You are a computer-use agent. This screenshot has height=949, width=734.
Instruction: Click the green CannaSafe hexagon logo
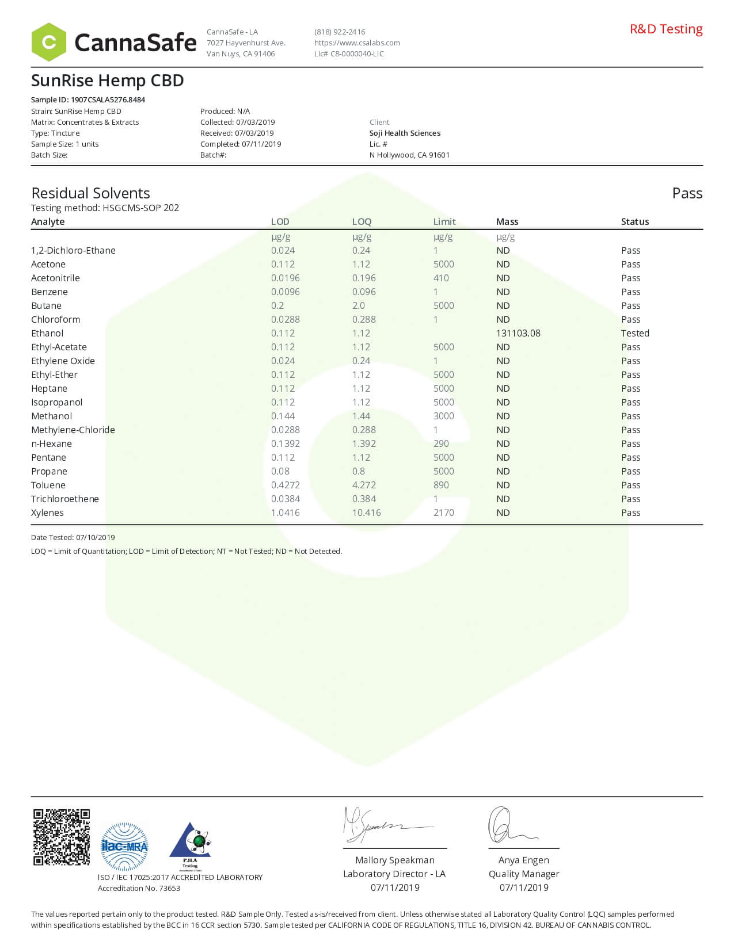point(49,42)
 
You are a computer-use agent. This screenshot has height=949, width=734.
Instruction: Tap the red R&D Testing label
point(665,29)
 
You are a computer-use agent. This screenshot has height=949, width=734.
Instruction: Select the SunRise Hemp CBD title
point(107,81)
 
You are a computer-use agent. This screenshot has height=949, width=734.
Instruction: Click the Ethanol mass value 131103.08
point(518,333)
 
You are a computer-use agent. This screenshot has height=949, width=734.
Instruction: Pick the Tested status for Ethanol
point(634,333)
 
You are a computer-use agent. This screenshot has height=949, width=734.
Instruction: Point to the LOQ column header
point(362,221)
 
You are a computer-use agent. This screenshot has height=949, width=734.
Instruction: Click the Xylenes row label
point(47,512)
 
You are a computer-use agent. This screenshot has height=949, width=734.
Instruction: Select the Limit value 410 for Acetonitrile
point(441,278)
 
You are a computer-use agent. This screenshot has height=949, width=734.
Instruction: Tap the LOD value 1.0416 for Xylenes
point(285,512)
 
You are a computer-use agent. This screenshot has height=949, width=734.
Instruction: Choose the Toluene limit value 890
point(441,485)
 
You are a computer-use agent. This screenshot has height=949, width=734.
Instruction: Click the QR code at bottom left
point(62,837)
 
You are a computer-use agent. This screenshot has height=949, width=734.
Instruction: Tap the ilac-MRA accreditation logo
point(124,846)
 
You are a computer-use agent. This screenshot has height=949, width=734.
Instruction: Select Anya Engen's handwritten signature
point(509,826)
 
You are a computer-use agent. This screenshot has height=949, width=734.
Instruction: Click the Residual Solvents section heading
point(90,193)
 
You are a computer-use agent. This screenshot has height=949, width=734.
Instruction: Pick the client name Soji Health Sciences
point(405,133)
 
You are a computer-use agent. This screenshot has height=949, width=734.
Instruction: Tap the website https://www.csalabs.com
point(357,43)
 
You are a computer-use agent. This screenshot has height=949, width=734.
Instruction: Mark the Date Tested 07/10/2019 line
point(73,537)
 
